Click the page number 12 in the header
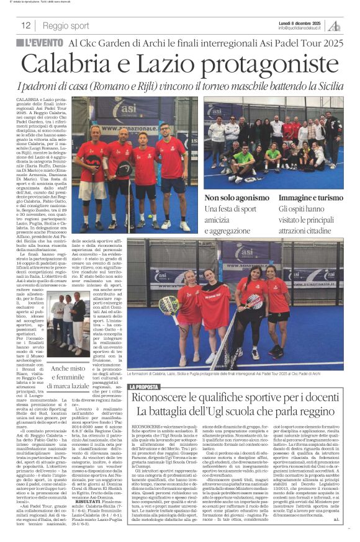tap(26, 25)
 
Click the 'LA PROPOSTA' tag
tap(145, 387)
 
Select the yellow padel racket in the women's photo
tap(168, 304)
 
